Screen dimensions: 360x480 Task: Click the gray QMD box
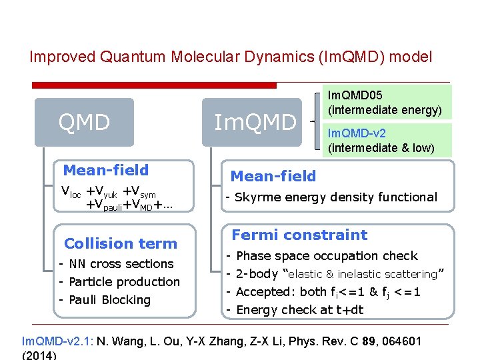84,123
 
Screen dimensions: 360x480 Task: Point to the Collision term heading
121,243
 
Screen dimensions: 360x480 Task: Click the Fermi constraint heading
299,235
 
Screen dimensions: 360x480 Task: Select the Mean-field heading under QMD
105,170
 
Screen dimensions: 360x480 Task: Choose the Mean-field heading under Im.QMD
273,176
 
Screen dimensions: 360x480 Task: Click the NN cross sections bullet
121,263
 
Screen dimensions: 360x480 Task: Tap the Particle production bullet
125,281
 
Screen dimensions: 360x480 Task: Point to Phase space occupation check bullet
327,255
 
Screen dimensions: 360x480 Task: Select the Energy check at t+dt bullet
300,309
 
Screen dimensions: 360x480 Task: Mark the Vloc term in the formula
71,192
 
